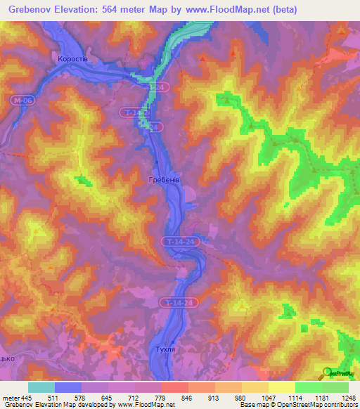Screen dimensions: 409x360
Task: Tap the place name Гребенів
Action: [x=165, y=181]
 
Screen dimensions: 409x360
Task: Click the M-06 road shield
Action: [x=21, y=101]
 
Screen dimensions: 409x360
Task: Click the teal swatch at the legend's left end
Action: [x=41, y=387]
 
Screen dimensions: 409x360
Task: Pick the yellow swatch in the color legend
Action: [x=281, y=387]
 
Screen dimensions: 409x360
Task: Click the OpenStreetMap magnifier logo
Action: [x=326, y=373]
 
